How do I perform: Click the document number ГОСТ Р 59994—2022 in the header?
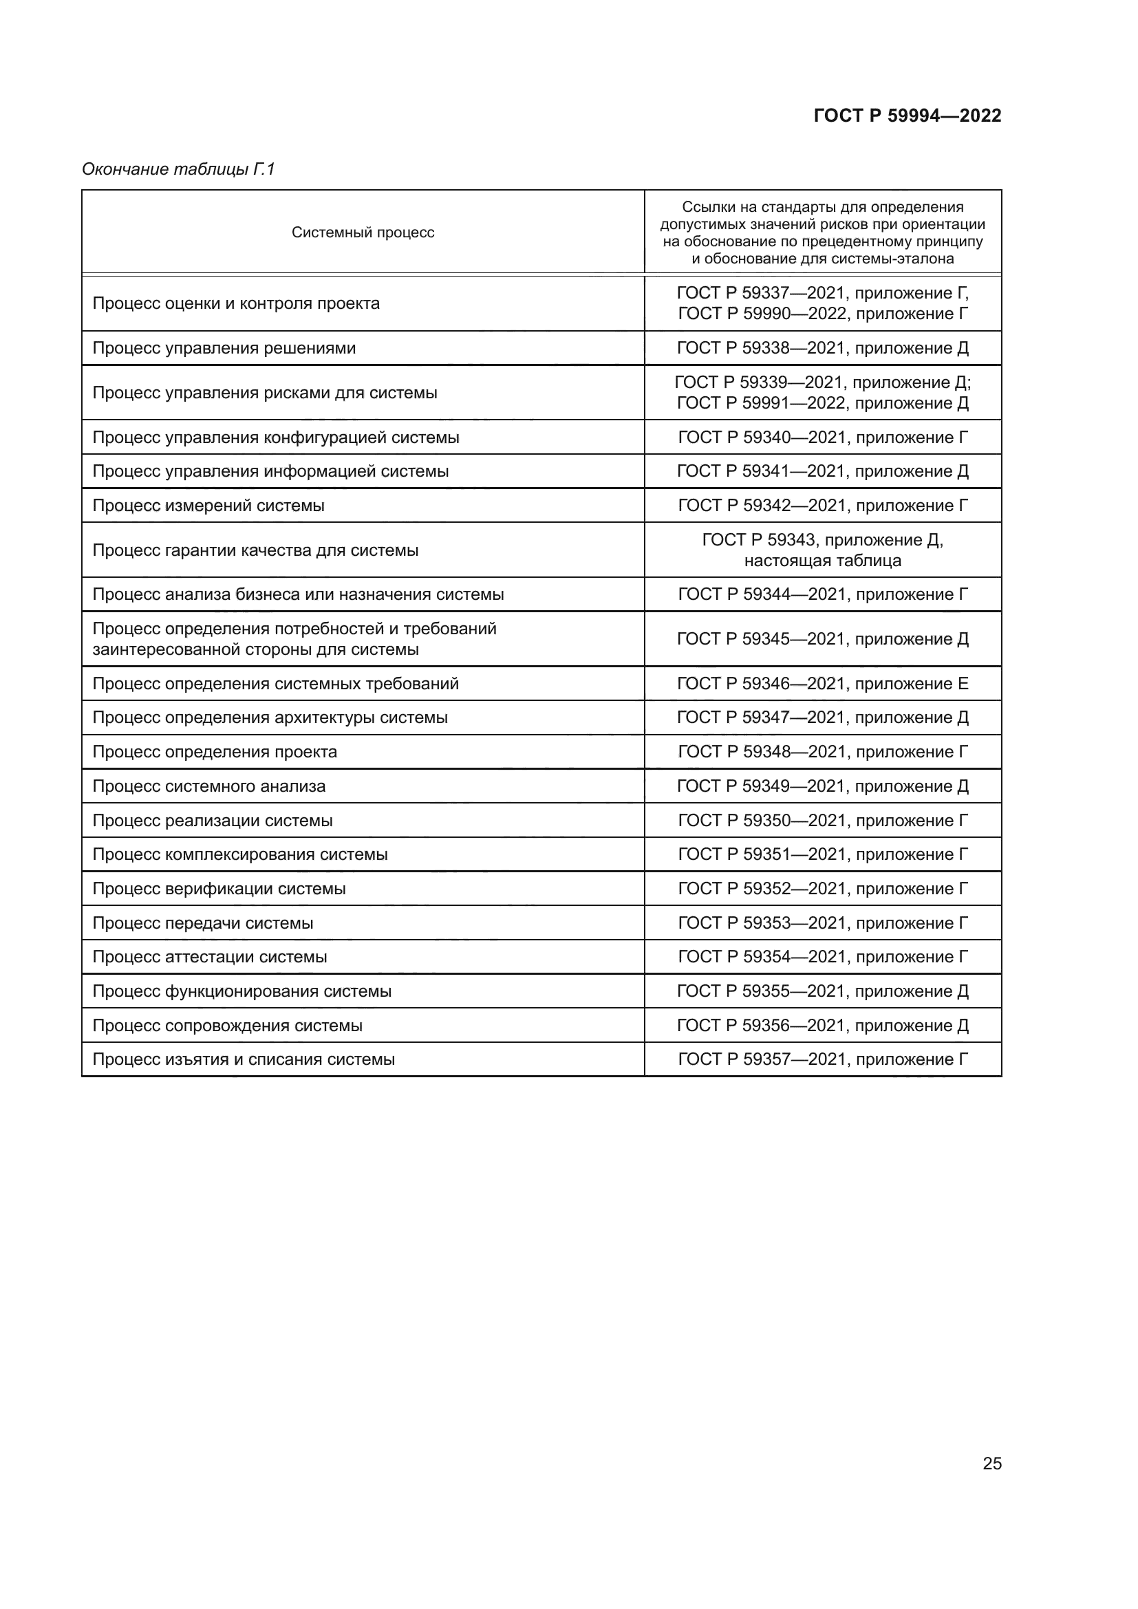click(x=907, y=116)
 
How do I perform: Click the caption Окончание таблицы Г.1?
click(x=179, y=169)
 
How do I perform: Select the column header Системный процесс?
click(x=363, y=233)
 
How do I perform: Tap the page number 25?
click(x=991, y=1463)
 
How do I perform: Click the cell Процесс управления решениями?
click(x=224, y=348)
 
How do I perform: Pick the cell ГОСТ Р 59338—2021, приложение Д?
click(x=823, y=348)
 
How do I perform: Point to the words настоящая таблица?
click(x=823, y=561)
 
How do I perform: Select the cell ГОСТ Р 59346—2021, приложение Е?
click(x=823, y=683)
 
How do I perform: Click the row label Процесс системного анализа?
click(x=209, y=786)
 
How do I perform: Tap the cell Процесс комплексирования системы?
click(x=239, y=854)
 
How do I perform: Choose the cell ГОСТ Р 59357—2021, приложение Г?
click(x=823, y=1059)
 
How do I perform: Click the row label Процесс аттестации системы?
click(x=210, y=957)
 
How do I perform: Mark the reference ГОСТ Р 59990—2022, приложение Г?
click(x=823, y=314)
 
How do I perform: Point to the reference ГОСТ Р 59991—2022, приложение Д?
click(x=823, y=404)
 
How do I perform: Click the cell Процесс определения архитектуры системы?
click(x=270, y=717)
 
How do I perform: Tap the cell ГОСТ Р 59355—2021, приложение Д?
click(x=823, y=991)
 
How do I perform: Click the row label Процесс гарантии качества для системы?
click(x=255, y=550)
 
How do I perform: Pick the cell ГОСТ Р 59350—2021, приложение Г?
click(x=823, y=820)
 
